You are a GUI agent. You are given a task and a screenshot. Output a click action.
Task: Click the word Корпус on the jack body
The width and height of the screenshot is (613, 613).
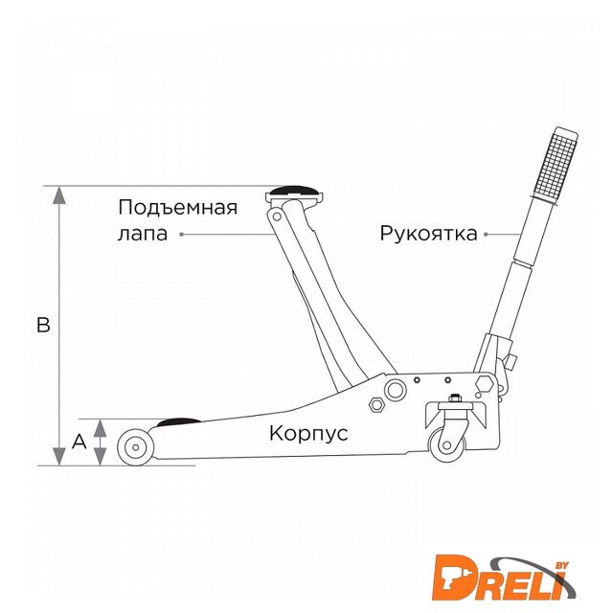(308, 434)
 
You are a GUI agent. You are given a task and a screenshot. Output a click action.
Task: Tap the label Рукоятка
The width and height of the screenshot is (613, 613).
(429, 234)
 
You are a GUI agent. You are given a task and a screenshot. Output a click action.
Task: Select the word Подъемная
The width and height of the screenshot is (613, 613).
(178, 207)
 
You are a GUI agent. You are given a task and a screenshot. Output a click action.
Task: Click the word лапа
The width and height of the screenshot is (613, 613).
(143, 234)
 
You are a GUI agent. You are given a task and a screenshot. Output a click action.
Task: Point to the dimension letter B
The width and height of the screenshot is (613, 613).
(43, 325)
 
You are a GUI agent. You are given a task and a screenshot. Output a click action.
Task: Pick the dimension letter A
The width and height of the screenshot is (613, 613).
(79, 442)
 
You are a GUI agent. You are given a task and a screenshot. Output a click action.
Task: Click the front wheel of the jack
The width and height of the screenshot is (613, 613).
(135, 447)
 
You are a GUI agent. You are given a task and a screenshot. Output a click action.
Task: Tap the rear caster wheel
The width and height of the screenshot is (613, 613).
(447, 445)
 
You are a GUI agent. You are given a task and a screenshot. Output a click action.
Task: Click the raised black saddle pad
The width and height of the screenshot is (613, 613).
(293, 191)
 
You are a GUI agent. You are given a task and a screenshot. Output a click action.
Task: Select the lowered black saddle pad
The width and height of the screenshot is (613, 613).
(179, 421)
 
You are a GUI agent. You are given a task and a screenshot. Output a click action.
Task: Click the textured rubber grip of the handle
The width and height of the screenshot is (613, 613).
(556, 165)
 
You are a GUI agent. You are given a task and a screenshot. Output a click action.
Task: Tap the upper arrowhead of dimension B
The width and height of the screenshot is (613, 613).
(59, 195)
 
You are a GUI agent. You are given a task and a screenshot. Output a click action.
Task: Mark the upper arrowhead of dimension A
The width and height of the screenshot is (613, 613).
(101, 428)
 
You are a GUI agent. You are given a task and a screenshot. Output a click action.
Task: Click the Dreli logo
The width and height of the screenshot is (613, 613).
(504, 579)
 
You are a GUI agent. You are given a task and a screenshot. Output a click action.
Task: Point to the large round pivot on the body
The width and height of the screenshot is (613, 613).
(395, 390)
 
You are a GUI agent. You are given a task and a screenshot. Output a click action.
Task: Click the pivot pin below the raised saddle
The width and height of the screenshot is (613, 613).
(277, 216)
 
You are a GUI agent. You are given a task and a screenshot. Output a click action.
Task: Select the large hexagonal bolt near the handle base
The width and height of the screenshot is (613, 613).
(485, 384)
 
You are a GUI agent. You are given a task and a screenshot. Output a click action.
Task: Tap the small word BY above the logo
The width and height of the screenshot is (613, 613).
(562, 565)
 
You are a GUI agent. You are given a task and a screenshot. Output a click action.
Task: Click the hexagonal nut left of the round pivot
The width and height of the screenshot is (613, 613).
(376, 404)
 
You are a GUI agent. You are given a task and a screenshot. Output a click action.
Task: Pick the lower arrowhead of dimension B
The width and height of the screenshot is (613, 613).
(59, 456)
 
